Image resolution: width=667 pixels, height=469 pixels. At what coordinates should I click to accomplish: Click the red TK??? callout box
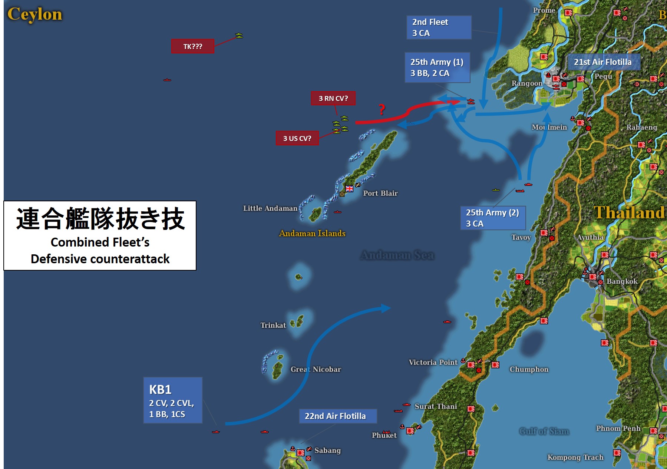pyautogui.click(x=192, y=46)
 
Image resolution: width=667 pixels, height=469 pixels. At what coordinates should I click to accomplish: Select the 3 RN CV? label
pyautogui.click(x=333, y=98)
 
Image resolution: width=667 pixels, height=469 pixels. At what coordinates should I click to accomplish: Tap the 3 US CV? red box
pyautogui.click(x=297, y=138)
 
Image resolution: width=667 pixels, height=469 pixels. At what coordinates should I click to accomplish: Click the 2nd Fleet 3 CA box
pyautogui.click(x=439, y=27)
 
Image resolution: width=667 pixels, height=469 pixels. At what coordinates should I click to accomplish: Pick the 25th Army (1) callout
pyautogui.click(x=437, y=67)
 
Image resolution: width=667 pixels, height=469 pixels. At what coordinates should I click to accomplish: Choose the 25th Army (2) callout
pyautogui.click(x=493, y=218)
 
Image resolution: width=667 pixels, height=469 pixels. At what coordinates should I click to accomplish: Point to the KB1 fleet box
pyautogui.click(x=173, y=400)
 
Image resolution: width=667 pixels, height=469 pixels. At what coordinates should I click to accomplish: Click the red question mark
pyautogui.click(x=382, y=109)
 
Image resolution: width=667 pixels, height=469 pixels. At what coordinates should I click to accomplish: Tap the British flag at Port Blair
pyautogui.click(x=349, y=189)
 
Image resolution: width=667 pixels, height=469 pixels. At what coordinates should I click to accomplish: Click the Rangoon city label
pyautogui.click(x=527, y=83)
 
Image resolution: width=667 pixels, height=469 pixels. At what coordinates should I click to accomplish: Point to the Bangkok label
pyautogui.click(x=622, y=281)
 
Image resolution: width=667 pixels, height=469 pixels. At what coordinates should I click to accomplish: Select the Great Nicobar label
pyautogui.click(x=316, y=369)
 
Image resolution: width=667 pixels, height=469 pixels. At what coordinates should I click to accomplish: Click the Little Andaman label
pyautogui.click(x=270, y=208)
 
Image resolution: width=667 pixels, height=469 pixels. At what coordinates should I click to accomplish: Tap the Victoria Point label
pyautogui.click(x=433, y=362)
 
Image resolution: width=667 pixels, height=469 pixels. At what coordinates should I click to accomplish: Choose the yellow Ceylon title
pyautogui.click(x=35, y=14)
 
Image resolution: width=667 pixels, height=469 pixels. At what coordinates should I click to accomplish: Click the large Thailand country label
pyautogui.click(x=629, y=213)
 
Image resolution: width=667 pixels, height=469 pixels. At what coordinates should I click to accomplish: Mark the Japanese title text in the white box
pyautogui.click(x=100, y=219)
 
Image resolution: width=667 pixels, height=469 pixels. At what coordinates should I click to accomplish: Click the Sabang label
pyautogui.click(x=327, y=450)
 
